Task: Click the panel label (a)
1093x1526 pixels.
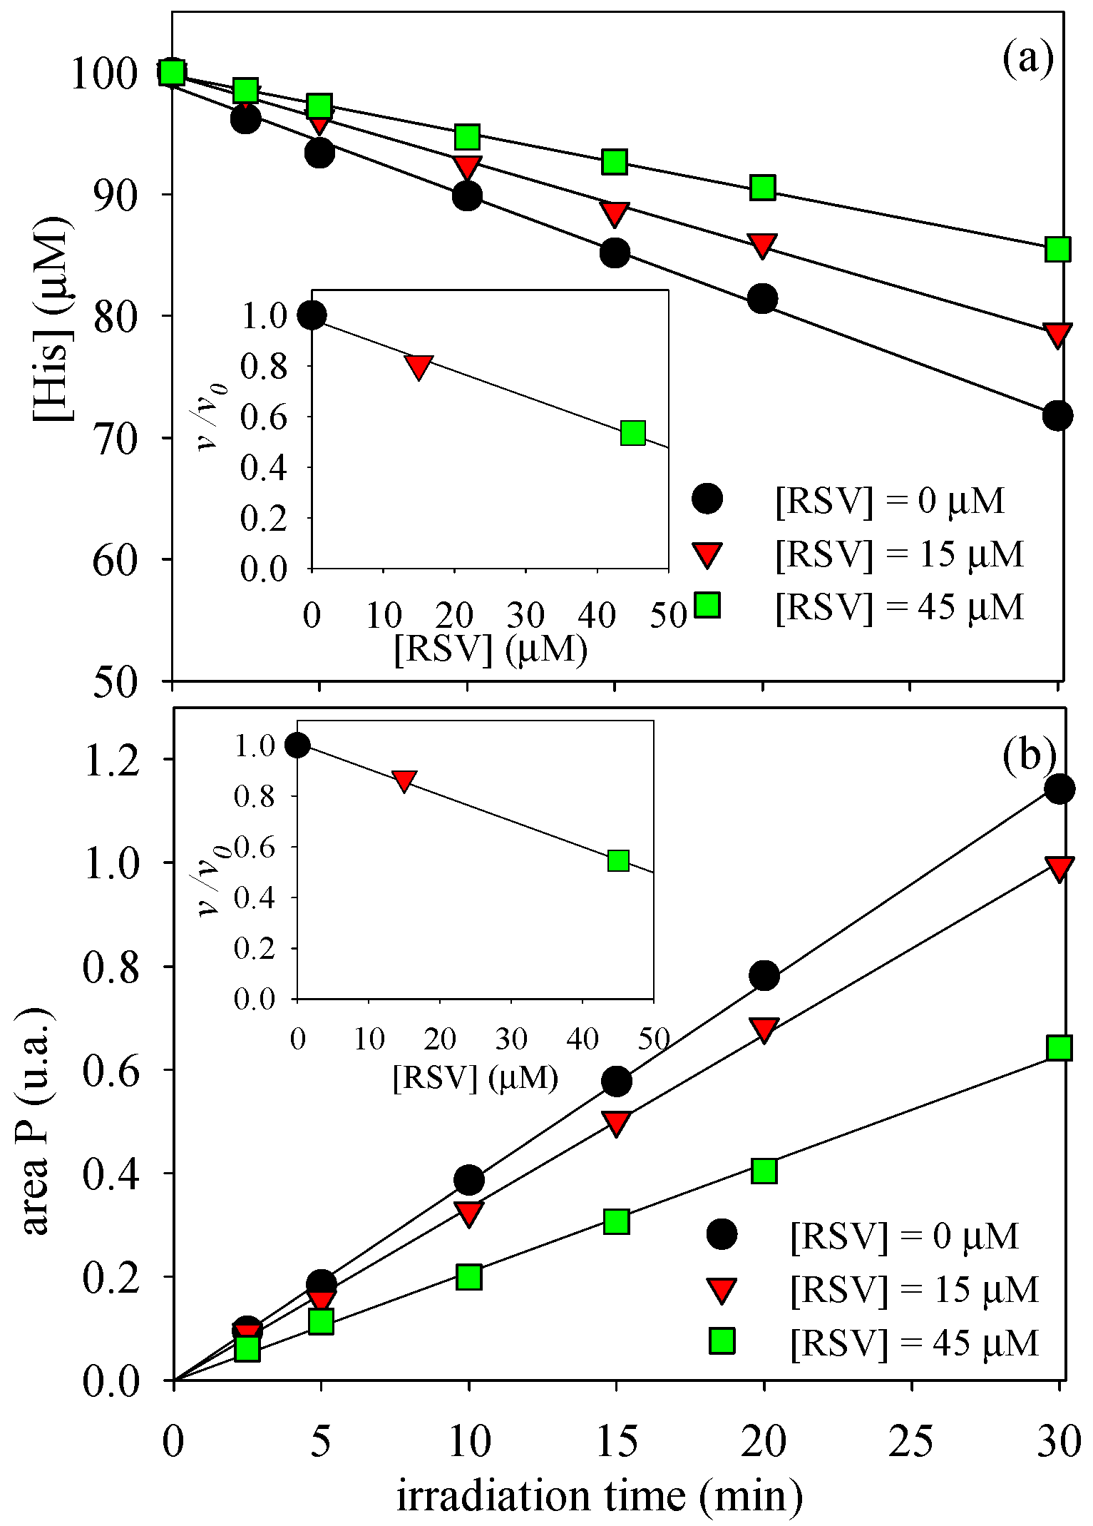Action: (1027, 60)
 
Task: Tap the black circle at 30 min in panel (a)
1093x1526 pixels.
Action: (1057, 415)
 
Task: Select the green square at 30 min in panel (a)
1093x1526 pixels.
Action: (1057, 250)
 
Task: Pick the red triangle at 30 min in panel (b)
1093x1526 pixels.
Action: (1059, 868)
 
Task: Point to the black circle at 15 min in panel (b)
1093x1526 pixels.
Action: (617, 1082)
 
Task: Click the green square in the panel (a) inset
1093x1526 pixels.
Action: (632, 433)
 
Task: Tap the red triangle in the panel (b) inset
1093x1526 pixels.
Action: (404, 780)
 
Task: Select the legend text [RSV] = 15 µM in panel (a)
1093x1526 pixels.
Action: (900, 554)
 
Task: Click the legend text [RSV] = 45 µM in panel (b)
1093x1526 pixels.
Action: (914, 1343)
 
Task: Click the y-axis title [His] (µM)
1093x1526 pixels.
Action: (53, 320)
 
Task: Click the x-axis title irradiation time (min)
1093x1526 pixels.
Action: (599, 1495)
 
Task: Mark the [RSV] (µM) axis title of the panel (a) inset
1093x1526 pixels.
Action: (491, 649)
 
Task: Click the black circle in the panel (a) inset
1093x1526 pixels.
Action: (312, 315)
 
